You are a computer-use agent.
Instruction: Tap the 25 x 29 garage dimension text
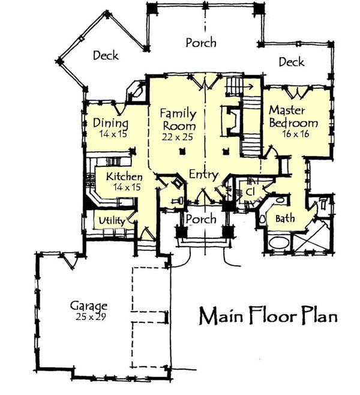(88, 316)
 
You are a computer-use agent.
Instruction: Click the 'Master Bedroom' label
(293, 116)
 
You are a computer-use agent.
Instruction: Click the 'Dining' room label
(111, 123)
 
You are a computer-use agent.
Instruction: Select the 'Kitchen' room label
(124, 177)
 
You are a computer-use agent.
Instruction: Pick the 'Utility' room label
(112, 221)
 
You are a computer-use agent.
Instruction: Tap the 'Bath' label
(284, 219)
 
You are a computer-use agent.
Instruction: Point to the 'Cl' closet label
(251, 191)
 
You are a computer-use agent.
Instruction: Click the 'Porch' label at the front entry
(200, 219)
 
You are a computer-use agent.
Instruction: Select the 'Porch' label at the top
(200, 43)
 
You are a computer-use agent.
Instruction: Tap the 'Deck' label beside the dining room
(106, 56)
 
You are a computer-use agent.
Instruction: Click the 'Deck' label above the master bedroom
(291, 62)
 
